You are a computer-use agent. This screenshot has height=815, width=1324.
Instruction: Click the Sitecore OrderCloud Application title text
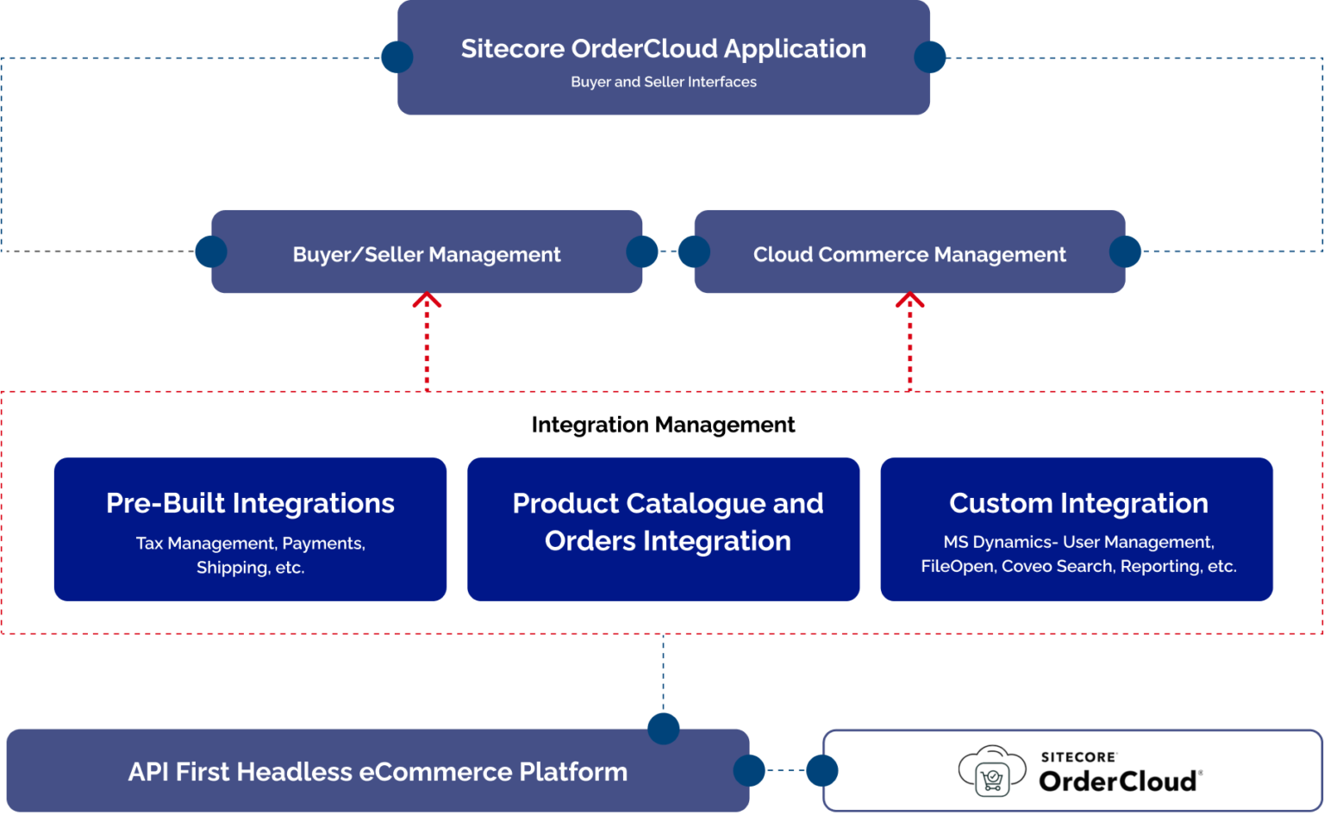point(663,49)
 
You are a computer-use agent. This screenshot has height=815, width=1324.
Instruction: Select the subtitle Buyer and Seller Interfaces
point(663,82)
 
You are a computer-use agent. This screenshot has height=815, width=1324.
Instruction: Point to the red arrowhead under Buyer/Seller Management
point(427,300)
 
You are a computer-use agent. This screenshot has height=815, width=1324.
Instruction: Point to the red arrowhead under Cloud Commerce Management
point(909,300)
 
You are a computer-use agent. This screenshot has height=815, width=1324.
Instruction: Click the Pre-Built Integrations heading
point(250,503)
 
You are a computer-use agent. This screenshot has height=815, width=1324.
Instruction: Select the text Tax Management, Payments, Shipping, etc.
point(250,555)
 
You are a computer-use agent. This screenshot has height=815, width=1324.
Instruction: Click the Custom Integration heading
point(1078,503)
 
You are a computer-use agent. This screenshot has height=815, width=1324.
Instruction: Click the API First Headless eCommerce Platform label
point(378,772)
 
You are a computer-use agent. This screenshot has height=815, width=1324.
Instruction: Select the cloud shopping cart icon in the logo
point(992,771)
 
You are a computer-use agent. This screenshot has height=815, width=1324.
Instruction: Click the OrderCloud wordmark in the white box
point(1118,781)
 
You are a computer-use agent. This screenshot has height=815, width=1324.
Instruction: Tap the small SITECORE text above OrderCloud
point(1078,757)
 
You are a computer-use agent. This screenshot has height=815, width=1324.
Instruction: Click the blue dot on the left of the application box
point(397,57)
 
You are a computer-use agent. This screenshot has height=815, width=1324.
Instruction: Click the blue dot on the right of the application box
point(930,57)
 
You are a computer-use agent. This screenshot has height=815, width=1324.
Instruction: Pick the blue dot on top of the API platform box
point(663,728)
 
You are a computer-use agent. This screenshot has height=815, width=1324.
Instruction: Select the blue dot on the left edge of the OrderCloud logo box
point(821,770)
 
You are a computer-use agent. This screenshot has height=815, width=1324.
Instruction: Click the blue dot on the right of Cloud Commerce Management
point(1125,252)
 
